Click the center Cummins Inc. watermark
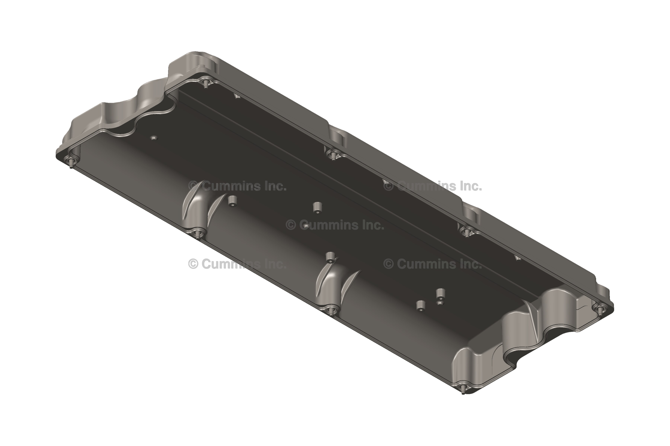pyautogui.click(x=335, y=225)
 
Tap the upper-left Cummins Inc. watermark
pyautogui.click(x=237, y=186)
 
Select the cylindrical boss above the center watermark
pyautogui.click(x=317, y=207)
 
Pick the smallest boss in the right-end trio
pyautogui.click(x=440, y=303)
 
